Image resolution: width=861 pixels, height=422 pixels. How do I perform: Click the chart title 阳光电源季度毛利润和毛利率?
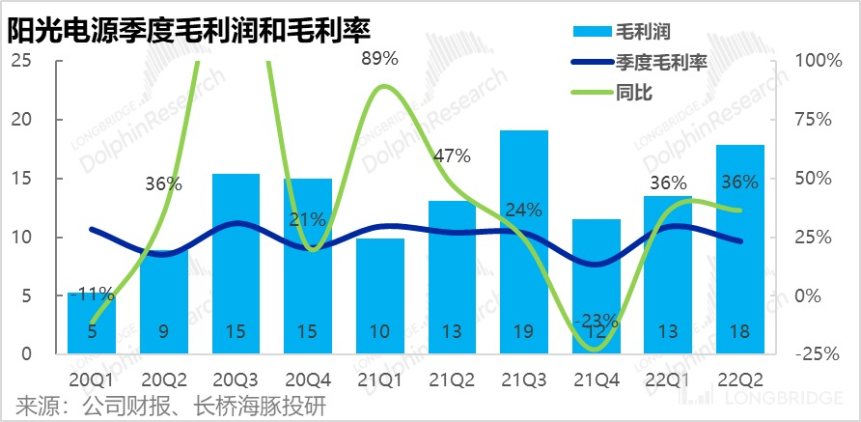188,31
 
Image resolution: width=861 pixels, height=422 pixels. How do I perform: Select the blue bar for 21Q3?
524,241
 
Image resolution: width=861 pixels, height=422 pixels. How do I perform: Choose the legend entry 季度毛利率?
660,63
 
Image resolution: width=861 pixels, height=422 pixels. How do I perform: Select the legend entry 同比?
632,93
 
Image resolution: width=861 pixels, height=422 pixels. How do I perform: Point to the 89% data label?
379,58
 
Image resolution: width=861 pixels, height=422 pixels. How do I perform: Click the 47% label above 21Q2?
452,155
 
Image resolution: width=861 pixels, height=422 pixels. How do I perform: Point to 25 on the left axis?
21,60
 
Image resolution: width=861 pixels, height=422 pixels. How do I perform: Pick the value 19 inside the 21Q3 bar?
524,331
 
